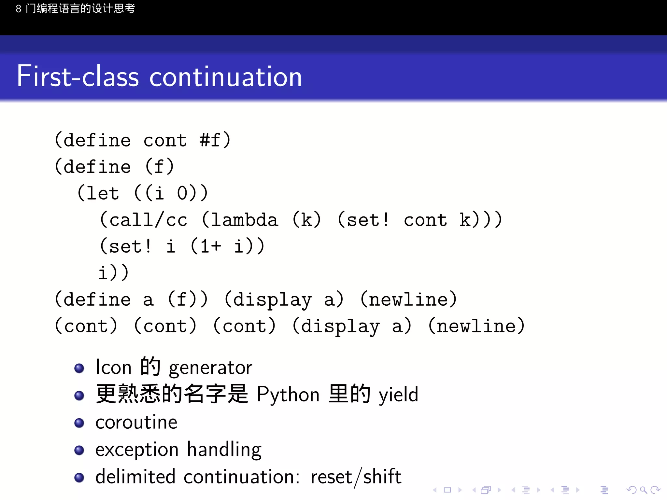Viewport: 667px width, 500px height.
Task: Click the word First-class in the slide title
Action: (78, 76)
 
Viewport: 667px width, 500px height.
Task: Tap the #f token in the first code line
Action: (210, 140)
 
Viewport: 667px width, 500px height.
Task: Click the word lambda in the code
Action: (244, 220)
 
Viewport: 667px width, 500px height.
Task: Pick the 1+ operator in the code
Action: (210, 246)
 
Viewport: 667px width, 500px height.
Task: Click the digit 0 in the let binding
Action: (182, 193)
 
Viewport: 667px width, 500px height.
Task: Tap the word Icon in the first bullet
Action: (113, 368)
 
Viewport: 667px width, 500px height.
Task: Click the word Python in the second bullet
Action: (288, 395)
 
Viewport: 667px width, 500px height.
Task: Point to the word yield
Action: (398, 395)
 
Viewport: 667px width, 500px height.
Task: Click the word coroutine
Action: (136, 423)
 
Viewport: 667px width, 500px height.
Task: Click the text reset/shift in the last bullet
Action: (356, 477)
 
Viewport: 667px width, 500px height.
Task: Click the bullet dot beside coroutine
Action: (79, 423)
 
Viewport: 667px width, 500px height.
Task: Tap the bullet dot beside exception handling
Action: (79, 450)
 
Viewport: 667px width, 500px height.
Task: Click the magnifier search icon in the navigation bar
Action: (643, 490)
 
